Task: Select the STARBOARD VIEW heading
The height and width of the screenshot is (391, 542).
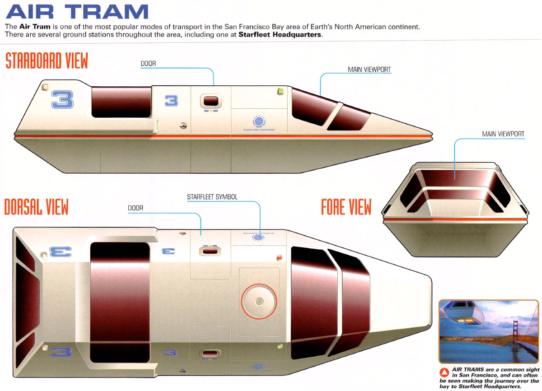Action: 47,61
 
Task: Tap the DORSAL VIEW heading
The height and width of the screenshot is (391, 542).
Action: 36,207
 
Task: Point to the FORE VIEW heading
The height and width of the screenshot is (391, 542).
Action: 346,207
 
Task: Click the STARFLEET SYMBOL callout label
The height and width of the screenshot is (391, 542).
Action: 212,197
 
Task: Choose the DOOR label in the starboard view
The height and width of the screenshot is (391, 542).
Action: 148,64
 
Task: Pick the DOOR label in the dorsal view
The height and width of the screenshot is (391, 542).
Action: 135,208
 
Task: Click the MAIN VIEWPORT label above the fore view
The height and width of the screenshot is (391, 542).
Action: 503,134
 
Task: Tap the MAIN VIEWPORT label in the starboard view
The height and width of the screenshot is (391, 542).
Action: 369,70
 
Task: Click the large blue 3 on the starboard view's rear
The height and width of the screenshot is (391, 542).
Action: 62,100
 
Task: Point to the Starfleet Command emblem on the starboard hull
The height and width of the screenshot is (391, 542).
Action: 259,122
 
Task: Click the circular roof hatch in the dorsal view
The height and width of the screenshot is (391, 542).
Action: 259,301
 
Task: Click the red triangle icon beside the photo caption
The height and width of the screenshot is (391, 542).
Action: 444,372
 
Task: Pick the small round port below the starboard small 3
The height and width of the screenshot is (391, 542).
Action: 183,126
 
